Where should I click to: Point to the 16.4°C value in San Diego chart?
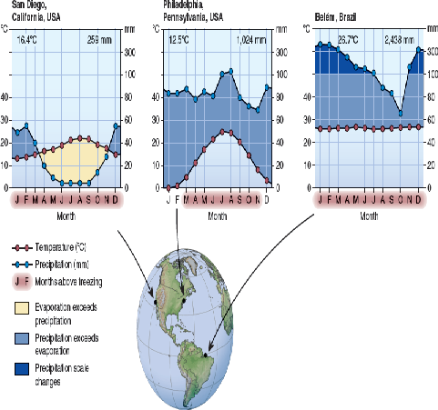coord(28,40)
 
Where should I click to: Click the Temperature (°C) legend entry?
coord(67,247)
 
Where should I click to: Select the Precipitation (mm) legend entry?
coord(67,264)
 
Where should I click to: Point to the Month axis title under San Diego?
coord(66,215)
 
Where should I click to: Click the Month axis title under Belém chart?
coord(369,215)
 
